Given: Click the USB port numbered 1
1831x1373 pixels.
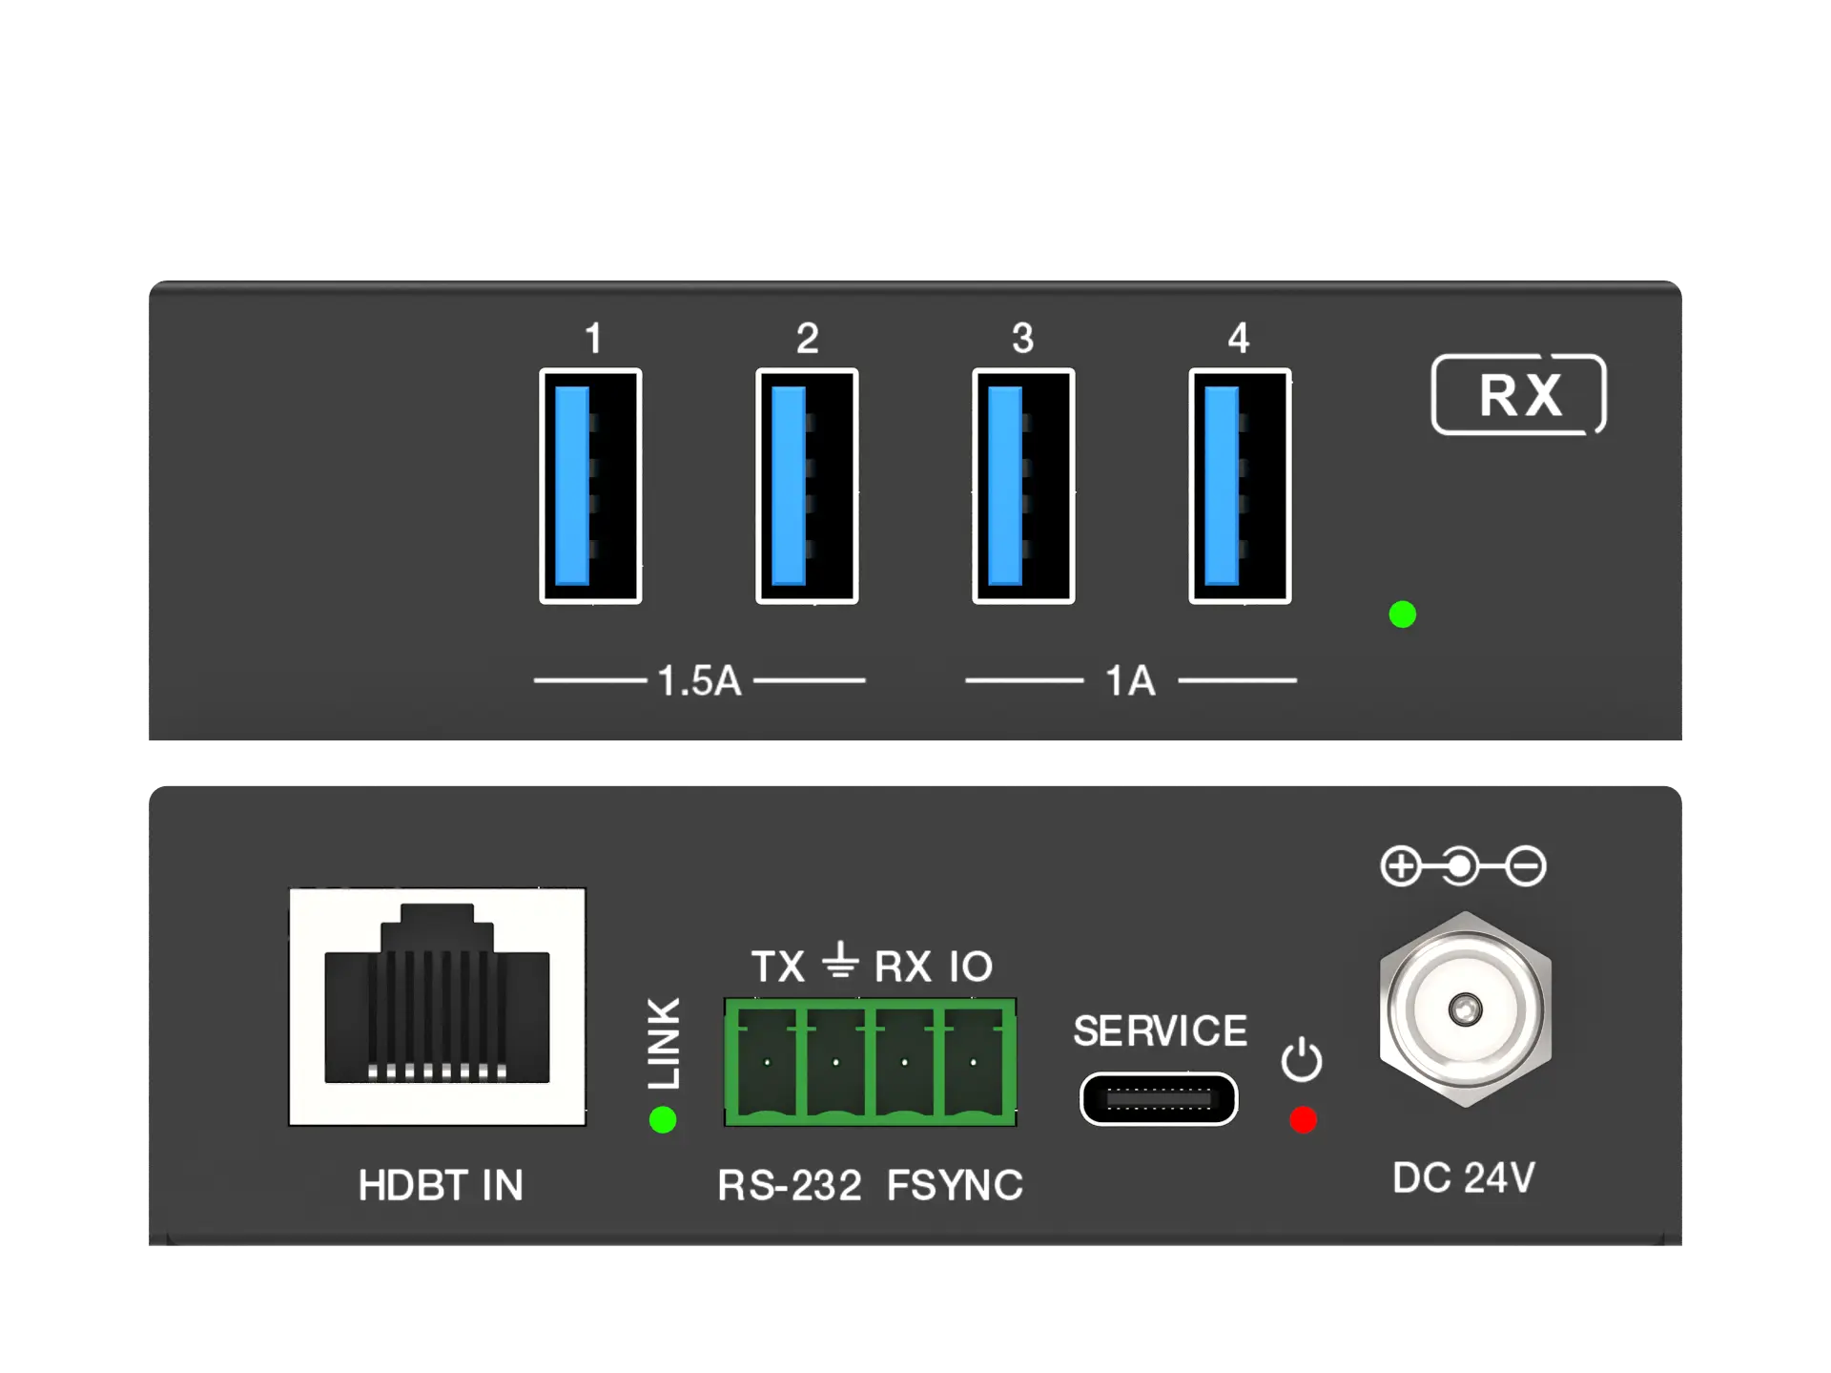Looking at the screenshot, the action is click(590, 486).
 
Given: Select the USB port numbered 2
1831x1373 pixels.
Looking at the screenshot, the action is click(807, 486).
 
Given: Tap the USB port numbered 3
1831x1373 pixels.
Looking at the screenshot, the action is click(1023, 486).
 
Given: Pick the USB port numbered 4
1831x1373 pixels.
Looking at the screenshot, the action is click(1240, 486).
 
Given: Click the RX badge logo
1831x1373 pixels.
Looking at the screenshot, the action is click(1519, 394).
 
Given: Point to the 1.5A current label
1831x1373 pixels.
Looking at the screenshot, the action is click(699, 681).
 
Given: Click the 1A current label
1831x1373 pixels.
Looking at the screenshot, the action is click(1130, 681).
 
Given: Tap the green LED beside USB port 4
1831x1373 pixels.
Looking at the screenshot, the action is click(1402, 614).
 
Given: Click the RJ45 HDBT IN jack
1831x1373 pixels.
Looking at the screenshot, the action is click(438, 1007).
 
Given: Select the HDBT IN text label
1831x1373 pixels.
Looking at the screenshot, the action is click(441, 1185).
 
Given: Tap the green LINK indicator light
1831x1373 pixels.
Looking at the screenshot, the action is click(663, 1119).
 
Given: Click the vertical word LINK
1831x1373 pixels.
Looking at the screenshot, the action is click(665, 1043).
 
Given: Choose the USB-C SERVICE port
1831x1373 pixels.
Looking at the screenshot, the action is click(1159, 1099).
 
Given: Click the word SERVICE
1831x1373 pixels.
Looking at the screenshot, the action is click(1161, 1030).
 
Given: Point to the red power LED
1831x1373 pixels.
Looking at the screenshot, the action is click(1303, 1119).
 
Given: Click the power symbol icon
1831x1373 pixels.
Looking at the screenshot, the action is click(1302, 1060).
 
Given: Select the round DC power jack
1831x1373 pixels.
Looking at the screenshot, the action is click(1465, 1009).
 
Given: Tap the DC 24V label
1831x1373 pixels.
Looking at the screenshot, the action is click(1464, 1177).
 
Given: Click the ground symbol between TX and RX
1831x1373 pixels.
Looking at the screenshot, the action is click(840, 961).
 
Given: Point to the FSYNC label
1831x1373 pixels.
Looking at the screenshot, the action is click(955, 1185).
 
